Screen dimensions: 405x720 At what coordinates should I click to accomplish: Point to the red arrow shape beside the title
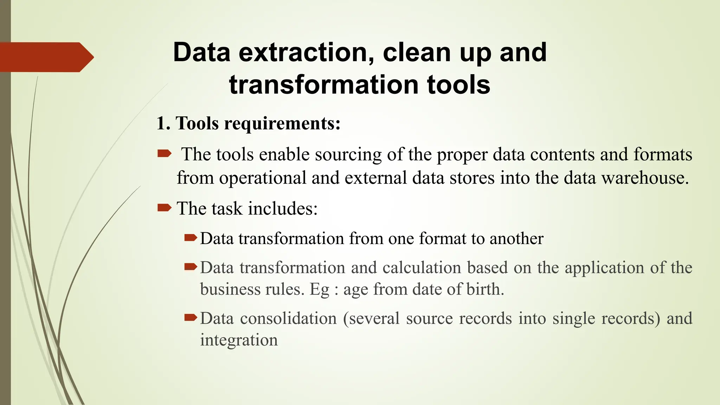pos(46,57)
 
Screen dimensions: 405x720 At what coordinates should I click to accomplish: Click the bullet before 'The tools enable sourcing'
pos(164,153)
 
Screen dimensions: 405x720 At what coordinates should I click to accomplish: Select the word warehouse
pos(644,178)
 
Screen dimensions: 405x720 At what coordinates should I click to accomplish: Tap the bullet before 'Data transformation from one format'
pos(191,238)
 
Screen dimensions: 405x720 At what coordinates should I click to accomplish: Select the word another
pos(516,239)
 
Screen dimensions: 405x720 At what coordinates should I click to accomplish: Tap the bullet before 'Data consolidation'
pos(191,318)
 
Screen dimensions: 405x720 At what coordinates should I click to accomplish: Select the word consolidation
pos(288,319)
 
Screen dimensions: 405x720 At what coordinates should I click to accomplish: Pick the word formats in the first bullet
pos(663,155)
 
